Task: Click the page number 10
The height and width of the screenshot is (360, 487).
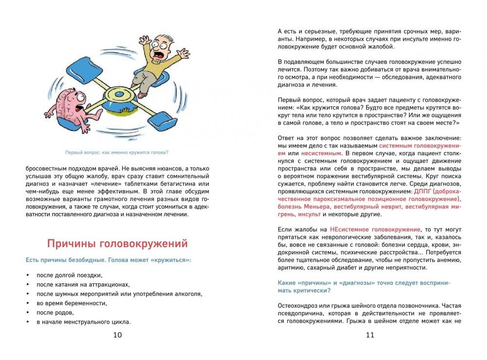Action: (x=117, y=335)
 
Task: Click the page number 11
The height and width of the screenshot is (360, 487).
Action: (x=370, y=335)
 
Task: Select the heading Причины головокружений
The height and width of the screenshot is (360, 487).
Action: (x=117, y=244)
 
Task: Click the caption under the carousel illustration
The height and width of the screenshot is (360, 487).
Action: (x=117, y=152)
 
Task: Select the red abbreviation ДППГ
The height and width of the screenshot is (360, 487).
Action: (x=424, y=191)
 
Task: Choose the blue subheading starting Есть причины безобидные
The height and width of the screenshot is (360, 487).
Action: (x=109, y=260)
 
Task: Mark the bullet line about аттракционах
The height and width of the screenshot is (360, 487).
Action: (x=83, y=284)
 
